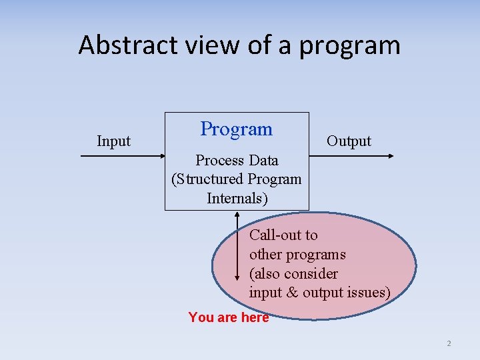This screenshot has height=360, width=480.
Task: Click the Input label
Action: pyautogui.click(x=114, y=141)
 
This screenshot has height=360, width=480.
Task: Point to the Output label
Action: pyautogui.click(x=349, y=141)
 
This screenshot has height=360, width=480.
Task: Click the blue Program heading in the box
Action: pyautogui.click(x=237, y=129)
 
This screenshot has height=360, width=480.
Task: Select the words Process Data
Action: pyautogui.click(x=237, y=161)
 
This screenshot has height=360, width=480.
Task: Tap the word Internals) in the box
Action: pyautogui.click(x=237, y=199)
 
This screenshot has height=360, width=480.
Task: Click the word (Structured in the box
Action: pyautogui.click(x=207, y=179)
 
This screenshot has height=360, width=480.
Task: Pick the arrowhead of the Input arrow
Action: pyautogui.click(x=161, y=156)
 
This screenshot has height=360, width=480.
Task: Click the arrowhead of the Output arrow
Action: pyautogui.click(x=391, y=156)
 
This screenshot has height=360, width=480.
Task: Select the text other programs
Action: pyautogui.click(x=297, y=255)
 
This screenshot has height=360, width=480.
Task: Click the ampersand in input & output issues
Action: pyautogui.click(x=293, y=293)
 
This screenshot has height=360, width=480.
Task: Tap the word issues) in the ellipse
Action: pyautogui.click(x=367, y=293)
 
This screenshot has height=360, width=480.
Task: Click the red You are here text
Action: pyautogui.click(x=229, y=317)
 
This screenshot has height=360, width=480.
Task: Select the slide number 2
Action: pyautogui.click(x=449, y=344)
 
